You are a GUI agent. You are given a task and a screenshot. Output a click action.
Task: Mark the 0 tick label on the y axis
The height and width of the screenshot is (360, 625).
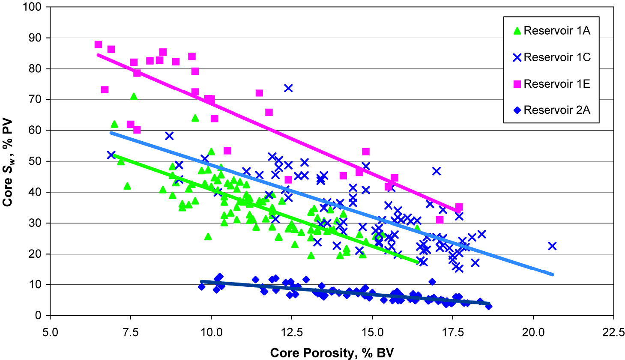pyautogui.click(x=39, y=315)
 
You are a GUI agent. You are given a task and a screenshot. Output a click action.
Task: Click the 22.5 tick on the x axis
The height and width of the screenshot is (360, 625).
pyautogui.click(x=613, y=332)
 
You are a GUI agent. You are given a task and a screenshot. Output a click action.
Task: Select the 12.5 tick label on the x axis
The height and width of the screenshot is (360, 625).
pyautogui.click(x=292, y=332)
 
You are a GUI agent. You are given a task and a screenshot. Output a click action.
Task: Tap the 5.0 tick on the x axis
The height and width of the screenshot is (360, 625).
pyautogui.click(x=50, y=332)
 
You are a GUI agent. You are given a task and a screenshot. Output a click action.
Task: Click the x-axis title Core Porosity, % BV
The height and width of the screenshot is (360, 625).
pyautogui.click(x=332, y=353)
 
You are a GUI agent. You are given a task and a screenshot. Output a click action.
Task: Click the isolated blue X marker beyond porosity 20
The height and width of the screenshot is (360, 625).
pyautogui.click(x=552, y=246)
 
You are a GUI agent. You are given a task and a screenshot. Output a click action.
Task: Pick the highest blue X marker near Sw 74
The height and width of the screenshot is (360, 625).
pyautogui.click(x=288, y=88)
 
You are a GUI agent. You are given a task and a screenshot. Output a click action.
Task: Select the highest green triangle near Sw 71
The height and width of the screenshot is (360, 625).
pyautogui.click(x=134, y=96)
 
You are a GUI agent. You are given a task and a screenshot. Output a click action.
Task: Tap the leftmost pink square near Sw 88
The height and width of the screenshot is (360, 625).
pyautogui.click(x=98, y=45)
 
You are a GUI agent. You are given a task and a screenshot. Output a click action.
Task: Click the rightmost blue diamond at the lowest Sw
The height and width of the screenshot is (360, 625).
pyautogui.click(x=488, y=306)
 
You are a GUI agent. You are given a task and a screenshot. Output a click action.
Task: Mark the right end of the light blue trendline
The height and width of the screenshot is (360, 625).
pyautogui.click(x=553, y=274)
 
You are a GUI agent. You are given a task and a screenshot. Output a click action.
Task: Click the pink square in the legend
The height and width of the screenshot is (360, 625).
pyautogui.click(x=517, y=84)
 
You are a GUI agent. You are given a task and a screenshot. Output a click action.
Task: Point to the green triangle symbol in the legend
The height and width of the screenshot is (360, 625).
pyautogui.click(x=517, y=31)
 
